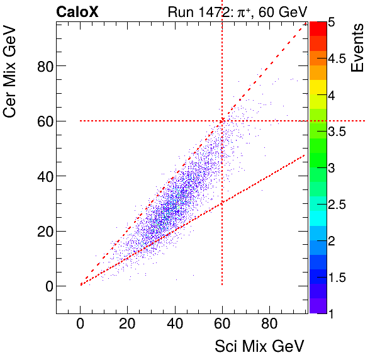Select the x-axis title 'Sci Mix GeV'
[259, 346]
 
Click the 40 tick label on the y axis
[42, 176]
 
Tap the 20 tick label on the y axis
[42, 231]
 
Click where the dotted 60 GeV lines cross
[222, 121]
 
